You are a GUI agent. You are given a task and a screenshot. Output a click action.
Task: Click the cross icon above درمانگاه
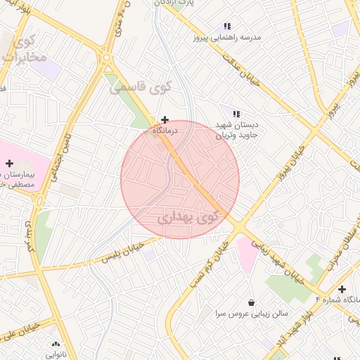(165, 120)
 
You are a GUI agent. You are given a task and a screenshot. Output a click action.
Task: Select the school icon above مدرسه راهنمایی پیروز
(227, 26)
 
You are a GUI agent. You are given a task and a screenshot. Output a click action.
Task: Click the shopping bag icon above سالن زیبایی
(251, 302)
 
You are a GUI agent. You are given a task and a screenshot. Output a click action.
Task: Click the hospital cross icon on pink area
(9, 163)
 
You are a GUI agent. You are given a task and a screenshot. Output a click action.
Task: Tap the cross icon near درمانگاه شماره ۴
(342, 289)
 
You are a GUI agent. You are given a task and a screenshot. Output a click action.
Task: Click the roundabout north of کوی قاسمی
(107, 59)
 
